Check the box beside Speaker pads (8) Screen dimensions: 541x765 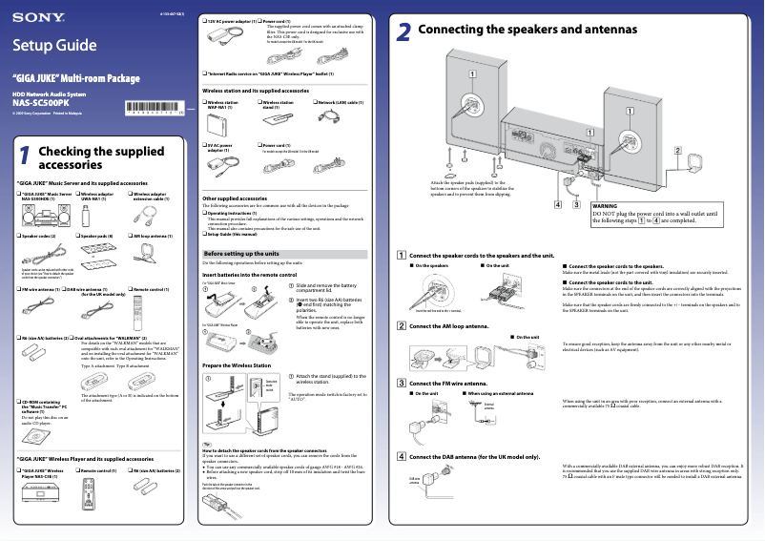pyautogui.click(x=77, y=235)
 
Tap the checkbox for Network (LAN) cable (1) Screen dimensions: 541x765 pyautogui.click(x=314, y=101)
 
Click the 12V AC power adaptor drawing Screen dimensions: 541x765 pyautogui.click(x=228, y=35)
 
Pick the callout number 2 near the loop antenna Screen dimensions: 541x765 pyautogui.click(x=677, y=152)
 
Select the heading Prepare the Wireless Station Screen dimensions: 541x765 pyautogui.click(x=237, y=365)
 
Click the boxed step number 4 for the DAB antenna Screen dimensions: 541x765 pyautogui.click(x=402, y=456)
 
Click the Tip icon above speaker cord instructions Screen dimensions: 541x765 pyautogui.click(x=207, y=444)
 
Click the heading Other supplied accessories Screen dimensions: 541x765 pyautogui.click(x=235, y=198)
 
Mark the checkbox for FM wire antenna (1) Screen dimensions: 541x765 pyautogui.click(x=21, y=288)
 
